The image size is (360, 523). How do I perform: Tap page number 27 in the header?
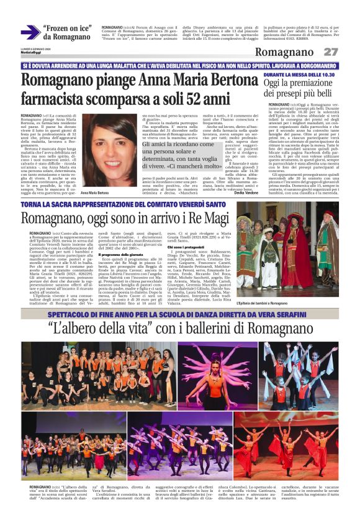coord(331,52)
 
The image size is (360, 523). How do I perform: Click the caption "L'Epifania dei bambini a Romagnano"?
coord(268,303)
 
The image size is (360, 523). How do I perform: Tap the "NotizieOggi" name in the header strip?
coord(30,56)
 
